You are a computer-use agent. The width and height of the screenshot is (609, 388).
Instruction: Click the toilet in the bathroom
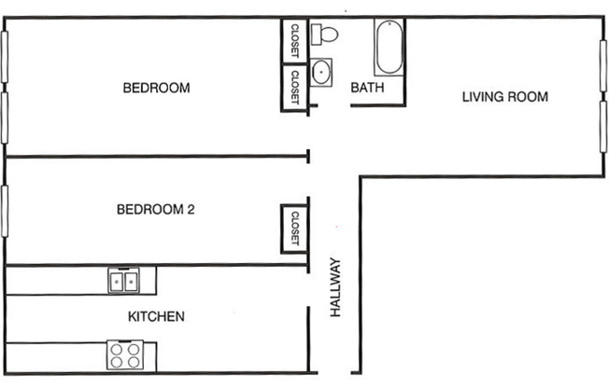click(x=326, y=35)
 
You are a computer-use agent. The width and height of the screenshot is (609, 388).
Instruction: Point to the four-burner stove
click(x=125, y=355)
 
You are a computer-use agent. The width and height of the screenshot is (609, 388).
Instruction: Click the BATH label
click(x=363, y=89)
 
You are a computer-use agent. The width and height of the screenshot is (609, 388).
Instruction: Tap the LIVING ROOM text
click(x=504, y=96)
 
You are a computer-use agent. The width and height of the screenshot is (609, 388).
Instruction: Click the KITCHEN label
click(x=155, y=317)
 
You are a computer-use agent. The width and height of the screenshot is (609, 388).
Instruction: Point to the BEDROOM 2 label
click(x=155, y=210)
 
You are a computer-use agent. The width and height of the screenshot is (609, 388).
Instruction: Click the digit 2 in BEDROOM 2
click(x=191, y=210)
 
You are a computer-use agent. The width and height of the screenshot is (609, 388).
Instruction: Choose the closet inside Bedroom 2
click(x=294, y=229)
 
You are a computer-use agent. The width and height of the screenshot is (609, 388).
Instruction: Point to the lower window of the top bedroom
click(x=5, y=118)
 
